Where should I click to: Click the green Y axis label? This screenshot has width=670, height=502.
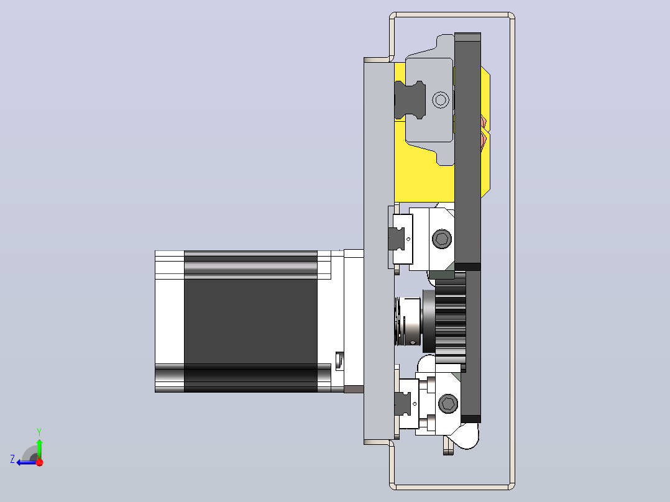[39, 432]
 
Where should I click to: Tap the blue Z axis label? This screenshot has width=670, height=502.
[12, 459]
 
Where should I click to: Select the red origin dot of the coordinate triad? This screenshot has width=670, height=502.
[40, 462]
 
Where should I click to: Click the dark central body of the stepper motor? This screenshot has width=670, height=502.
[251, 321]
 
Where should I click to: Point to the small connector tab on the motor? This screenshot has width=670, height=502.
[340, 360]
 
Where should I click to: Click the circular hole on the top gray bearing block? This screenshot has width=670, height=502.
[441, 100]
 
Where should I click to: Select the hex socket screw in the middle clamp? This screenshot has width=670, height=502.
[442, 239]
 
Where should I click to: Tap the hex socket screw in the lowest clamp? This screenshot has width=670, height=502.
[448, 404]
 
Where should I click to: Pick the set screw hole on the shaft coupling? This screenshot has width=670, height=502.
[412, 342]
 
